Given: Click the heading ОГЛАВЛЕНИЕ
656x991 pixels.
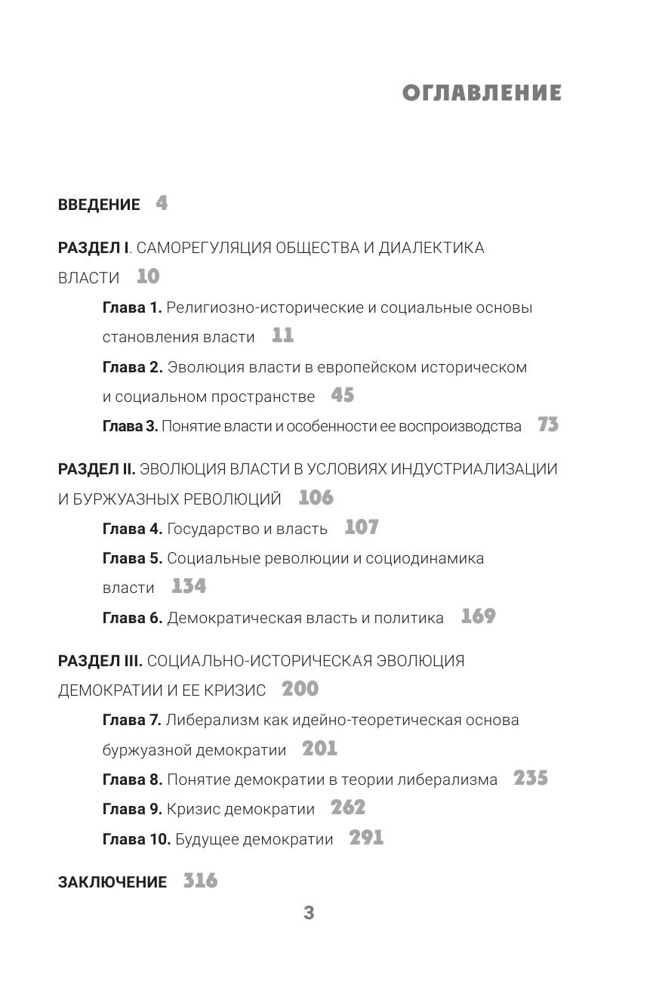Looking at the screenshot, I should point(482,93).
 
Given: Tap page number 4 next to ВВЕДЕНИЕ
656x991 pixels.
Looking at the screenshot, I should point(162,203).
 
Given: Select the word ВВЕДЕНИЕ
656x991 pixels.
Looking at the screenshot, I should point(99,205).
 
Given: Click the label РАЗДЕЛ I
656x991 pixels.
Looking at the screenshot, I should point(94,248).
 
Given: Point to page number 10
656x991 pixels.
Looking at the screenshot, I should point(148,277).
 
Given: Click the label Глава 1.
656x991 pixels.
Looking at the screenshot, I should point(132,307).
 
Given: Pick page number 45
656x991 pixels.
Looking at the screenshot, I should point(342,396).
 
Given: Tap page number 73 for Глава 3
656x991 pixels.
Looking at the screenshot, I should point(548,425).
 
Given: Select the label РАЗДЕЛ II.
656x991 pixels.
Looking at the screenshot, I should point(97,469).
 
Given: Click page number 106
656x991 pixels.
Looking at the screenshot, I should point(316,499).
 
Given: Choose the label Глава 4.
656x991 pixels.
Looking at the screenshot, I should point(132,529).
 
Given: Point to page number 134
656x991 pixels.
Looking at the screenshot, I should point(189,587).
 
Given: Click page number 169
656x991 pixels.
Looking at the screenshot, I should point(478,617).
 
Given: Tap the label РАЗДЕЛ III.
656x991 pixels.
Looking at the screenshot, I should point(100,661).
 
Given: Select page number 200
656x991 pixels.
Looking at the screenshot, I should point(300,690).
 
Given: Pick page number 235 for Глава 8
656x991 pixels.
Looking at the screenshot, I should point(531,779).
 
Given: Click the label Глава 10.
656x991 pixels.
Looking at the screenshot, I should point(137,839).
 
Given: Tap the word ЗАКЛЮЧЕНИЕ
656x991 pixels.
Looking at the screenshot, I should point(112,882).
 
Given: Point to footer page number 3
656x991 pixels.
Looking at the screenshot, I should point(309,913).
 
